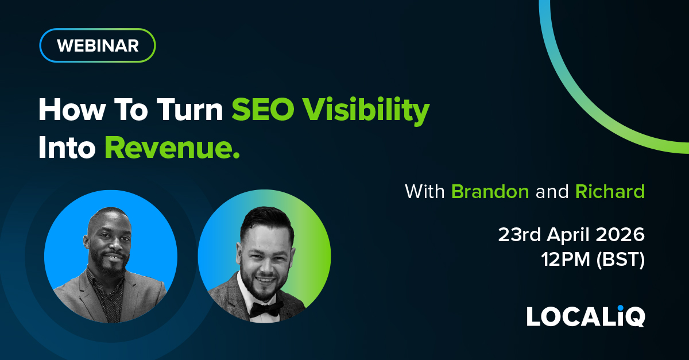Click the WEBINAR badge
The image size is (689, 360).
click(98, 45)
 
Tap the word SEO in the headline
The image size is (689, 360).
click(263, 110)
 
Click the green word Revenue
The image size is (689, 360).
click(172, 148)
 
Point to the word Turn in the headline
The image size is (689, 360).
click(190, 110)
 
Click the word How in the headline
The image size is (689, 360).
click(72, 110)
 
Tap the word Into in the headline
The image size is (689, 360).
click(67, 148)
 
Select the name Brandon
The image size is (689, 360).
click(490, 192)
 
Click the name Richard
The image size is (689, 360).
click(610, 192)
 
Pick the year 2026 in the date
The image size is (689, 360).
click(620, 235)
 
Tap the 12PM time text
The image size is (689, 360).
click(566, 260)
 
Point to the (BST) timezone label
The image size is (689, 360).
click(620, 260)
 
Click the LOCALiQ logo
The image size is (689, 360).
click(586, 316)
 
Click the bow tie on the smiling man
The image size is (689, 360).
click(266, 309)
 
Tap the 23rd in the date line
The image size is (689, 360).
click(519, 235)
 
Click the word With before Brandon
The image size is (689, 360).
click(425, 192)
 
